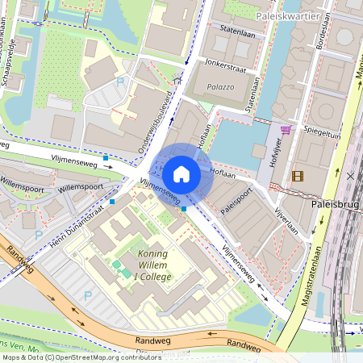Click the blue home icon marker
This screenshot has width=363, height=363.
pyautogui.click(x=181, y=174)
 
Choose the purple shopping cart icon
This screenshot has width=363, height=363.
pyautogui.click(x=286, y=129)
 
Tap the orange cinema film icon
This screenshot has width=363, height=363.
pyautogui.click(x=299, y=176)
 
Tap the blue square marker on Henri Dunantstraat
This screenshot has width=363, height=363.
pyautogui.click(x=113, y=202)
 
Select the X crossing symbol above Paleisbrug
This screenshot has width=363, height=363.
pyautogui.click(x=350, y=175)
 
